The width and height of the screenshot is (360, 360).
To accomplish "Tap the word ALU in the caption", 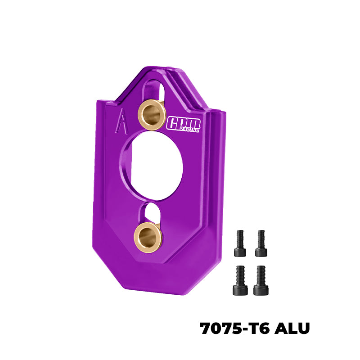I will tap(294, 328).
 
